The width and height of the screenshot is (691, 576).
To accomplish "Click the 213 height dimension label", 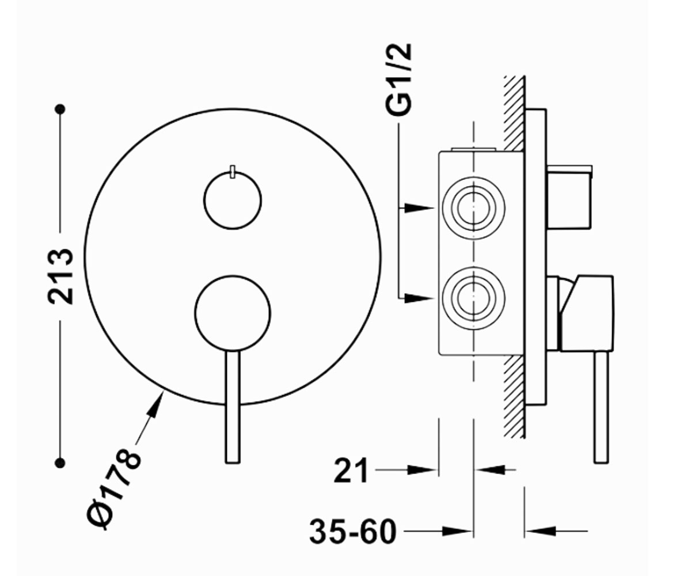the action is [60, 276].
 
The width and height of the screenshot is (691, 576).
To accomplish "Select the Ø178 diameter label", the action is [114, 489].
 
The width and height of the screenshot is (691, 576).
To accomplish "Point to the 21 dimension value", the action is [351, 471].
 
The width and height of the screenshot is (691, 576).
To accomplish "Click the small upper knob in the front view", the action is [233, 200].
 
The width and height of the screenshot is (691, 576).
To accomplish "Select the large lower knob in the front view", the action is [233, 313].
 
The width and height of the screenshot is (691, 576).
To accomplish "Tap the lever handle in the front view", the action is [233, 407].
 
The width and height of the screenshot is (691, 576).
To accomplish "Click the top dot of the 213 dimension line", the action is [60, 109].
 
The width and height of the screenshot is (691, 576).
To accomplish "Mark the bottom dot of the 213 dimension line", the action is [60, 463].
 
